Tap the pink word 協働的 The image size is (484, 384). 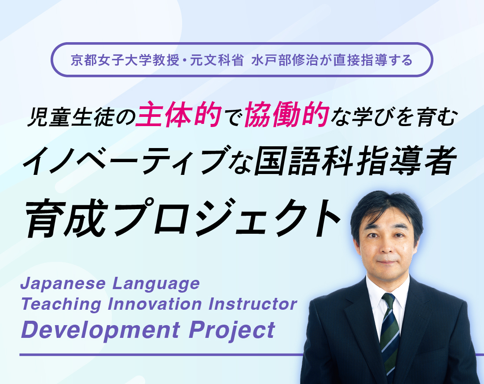pyautogui.click(x=287, y=115)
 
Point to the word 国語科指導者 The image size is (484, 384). pyautogui.click(x=355, y=161)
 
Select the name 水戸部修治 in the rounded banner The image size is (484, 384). pyautogui.click(x=285, y=60)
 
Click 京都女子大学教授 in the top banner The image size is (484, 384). pyautogui.click(x=125, y=60)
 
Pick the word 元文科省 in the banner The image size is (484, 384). pyautogui.click(x=216, y=60)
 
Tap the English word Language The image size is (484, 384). pyautogui.click(x=156, y=283)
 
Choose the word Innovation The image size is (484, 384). pyautogui.click(x=155, y=304)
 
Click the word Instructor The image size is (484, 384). pyautogui.click(x=253, y=304)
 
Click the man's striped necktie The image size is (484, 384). pyautogui.click(x=389, y=336)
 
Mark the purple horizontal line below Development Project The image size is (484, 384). pyautogui.click(x=161, y=355)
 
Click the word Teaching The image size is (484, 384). pyautogui.click(x=61, y=304)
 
